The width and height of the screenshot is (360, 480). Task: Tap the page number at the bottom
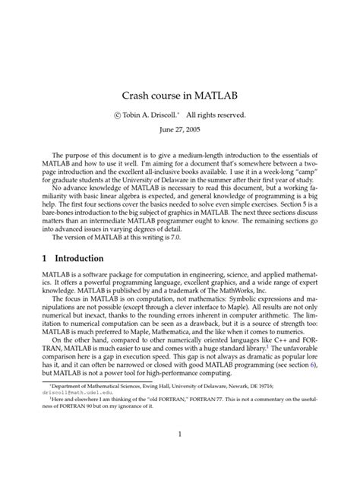[x=180, y=434]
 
